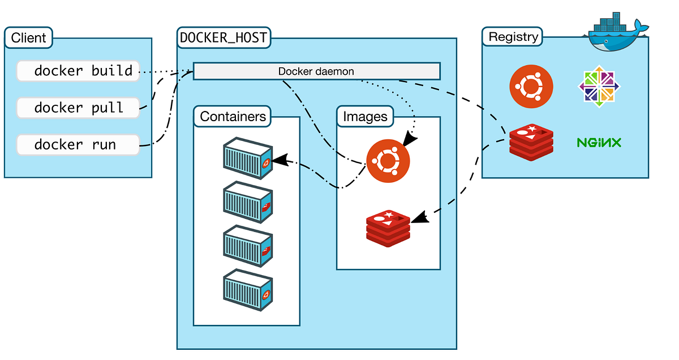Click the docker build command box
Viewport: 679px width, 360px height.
click(78, 71)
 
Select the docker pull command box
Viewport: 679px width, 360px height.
click(78, 108)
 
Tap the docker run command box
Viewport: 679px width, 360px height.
click(78, 144)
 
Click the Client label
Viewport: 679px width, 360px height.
click(29, 38)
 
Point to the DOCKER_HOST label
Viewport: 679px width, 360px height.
click(224, 38)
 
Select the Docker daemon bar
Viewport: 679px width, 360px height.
click(316, 71)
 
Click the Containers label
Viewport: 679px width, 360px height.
click(233, 117)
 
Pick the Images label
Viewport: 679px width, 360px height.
click(366, 117)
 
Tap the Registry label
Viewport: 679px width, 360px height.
click(513, 37)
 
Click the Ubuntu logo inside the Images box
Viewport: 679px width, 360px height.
click(388, 161)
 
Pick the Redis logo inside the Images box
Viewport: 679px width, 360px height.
click(388, 228)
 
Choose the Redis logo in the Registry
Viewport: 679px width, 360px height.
click(531, 141)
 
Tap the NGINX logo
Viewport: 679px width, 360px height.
click(599, 142)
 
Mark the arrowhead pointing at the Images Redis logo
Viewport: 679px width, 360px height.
click(418, 217)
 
